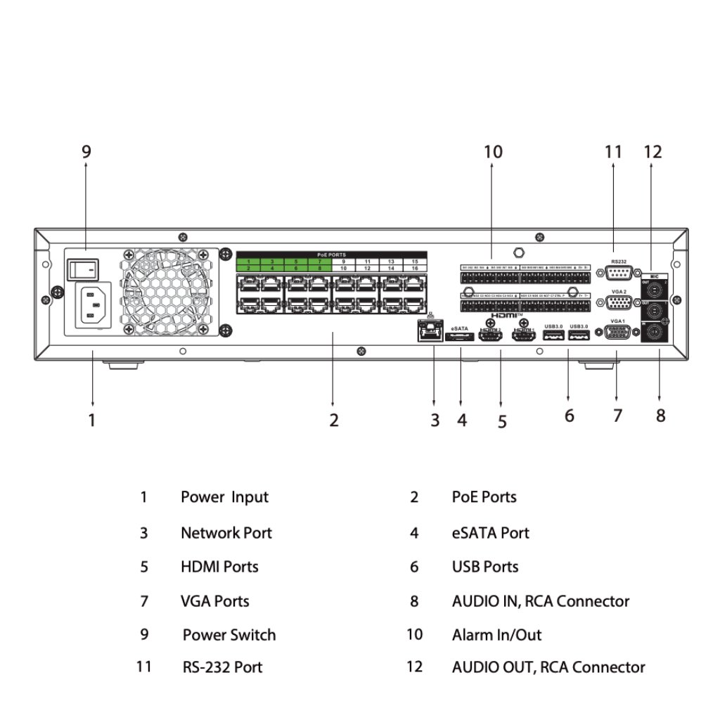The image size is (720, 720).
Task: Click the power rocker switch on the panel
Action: (83, 268)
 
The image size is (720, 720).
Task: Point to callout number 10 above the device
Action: (493, 151)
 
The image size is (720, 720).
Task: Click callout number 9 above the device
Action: (86, 151)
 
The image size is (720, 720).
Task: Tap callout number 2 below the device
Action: (333, 420)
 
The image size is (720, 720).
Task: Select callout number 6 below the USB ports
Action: (569, 416)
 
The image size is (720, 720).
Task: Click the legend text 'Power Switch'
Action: (229, 635)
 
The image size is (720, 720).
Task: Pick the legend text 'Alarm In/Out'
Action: (496, 635)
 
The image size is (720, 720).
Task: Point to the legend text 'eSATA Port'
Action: (490, 533)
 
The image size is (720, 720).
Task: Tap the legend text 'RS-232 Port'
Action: (222, 667)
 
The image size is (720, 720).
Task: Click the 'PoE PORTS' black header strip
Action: (331, 255)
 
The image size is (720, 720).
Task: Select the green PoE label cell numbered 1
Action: (248, 262)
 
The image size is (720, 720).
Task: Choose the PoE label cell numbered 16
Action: (415, 269)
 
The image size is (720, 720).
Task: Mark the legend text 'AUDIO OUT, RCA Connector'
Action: (548, 667)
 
